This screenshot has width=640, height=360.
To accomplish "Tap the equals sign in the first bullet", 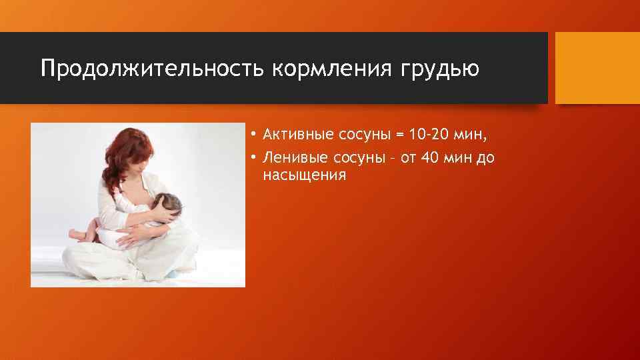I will point(399,136).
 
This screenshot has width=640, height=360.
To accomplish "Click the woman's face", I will point(144,160).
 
